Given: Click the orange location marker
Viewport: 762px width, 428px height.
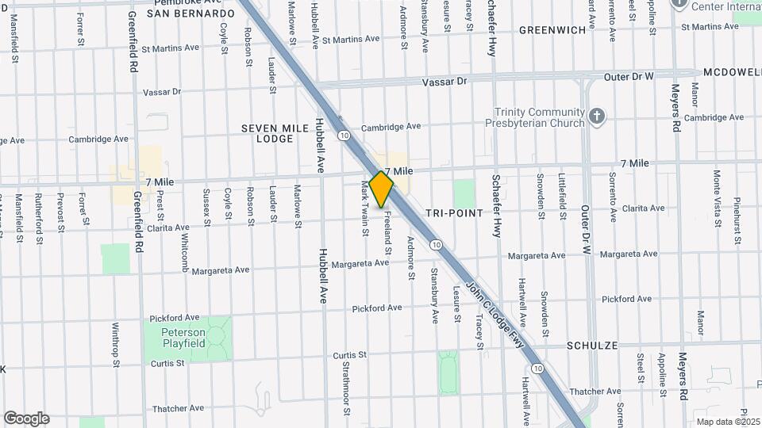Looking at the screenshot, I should click(x=381, y=189).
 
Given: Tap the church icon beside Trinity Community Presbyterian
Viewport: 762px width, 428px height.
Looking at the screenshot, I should click(x=598, y=117).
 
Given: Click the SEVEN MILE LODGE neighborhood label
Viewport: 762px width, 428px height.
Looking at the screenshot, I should click(x=268, y=132).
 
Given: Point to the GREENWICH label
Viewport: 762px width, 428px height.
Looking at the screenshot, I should click(x=552, y=30).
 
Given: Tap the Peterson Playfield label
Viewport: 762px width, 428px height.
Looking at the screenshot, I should click(x=185, y=338).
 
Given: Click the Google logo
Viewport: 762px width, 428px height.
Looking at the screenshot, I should click(x=26, y=418).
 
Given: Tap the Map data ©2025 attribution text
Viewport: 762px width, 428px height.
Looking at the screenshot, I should click(x=728, y=421).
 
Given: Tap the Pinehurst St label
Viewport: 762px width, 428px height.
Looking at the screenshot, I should click(x=737, y=210).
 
